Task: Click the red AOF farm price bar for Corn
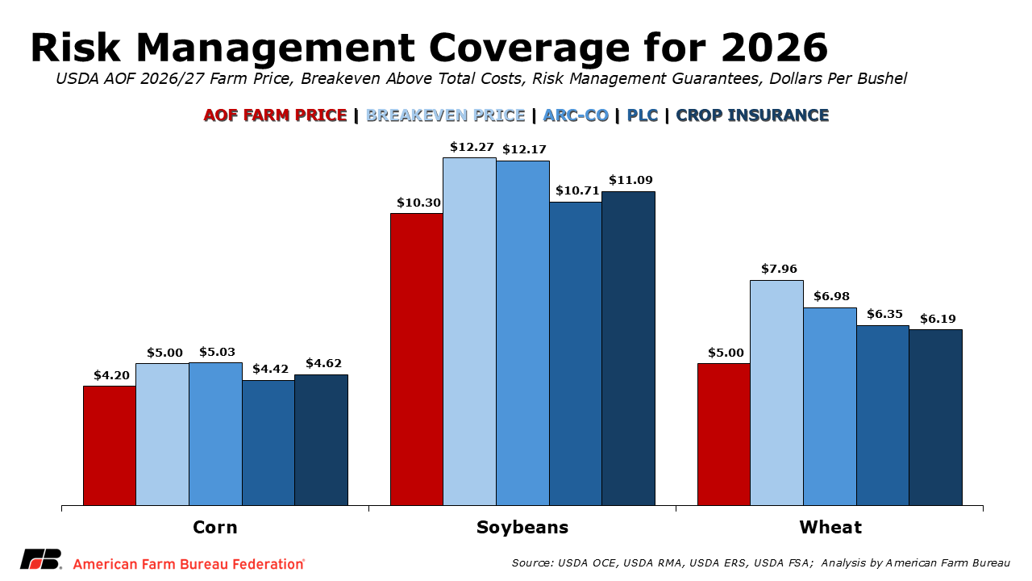pyautogui.click(x=110, y=445)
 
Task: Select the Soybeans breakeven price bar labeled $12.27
pyautogui.click(x=469, y=332)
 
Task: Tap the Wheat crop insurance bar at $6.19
pyautogui.click(x=935, y=417)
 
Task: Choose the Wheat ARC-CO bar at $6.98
pyautogui.click(x=830, y=407)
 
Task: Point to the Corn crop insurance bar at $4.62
pyautogui.click(x=321, y=440)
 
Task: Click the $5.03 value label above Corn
pyautogui.click(x=217, y=352)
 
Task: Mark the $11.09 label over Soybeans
pyautogui.click(x=631, y=180)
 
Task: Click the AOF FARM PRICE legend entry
pyautogui.click(x=275, y=115)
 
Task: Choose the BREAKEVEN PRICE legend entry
pyautogui.click(x=445, y=115)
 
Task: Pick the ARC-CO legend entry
pyautogui.click(x=576, y=115)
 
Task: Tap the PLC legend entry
pyautogui.click(x=643, y=115)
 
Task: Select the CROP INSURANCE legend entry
pyautogui.click(x=752, y=115)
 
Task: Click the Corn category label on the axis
pyautogui.click(x=215, y=528)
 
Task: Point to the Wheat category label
pyautogui.click(x=830, y=528)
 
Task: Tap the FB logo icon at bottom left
pyautogui.click(x=41, y=559)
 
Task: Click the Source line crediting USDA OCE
pyautogui.click(x=760, y=562)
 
